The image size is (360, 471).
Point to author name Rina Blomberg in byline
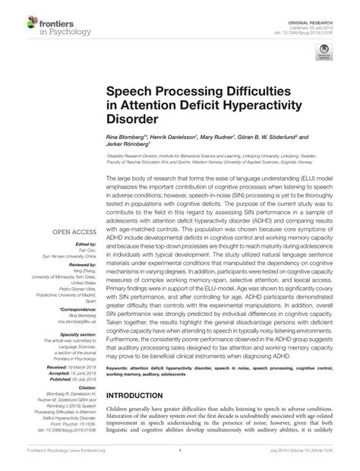pyautogui.click(x=132, y=138)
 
